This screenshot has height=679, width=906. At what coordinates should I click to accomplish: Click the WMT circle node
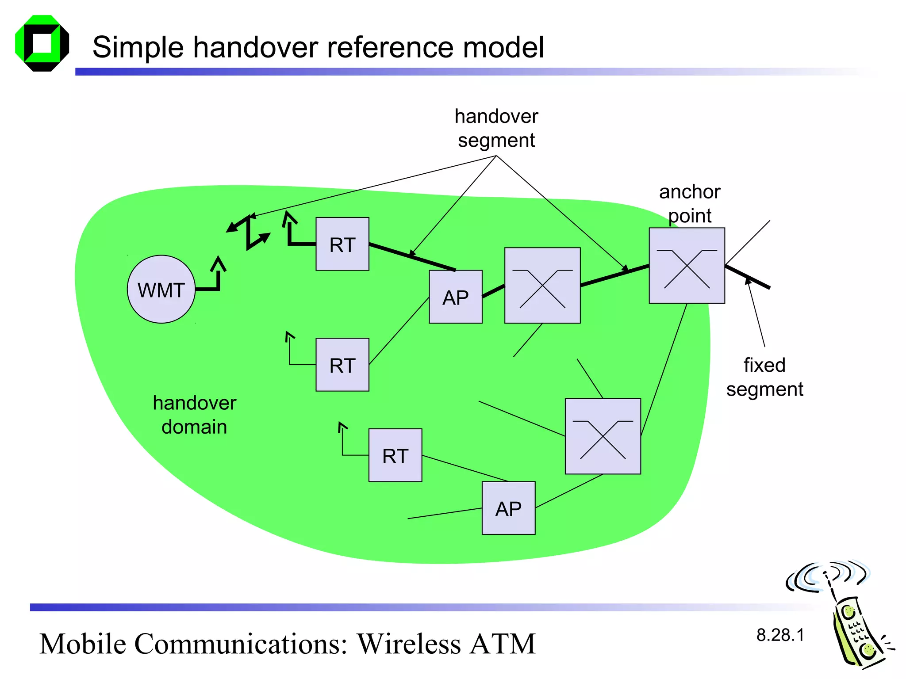pyautogui.click(x=161, y=290)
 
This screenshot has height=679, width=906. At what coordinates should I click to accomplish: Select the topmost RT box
pyautogui.click(x=342, y=244)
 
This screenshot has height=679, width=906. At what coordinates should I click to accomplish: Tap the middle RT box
pyautogui.click(x=342, y=365)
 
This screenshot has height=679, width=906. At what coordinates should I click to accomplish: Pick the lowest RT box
pyautogui.click(x=395, y=455)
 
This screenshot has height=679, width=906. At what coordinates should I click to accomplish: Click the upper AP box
pyautogui.click(x=455, y=297)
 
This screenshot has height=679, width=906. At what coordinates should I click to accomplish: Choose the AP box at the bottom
pyautogui.click(x=508, y=508)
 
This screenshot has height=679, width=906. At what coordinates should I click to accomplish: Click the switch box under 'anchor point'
pyautogui.click(x=687, y=265)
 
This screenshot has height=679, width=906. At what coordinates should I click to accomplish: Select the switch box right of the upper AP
pyautogui.click(x=542, y=285)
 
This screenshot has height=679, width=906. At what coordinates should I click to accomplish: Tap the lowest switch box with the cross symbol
pyautogui.click(x=603, y=436)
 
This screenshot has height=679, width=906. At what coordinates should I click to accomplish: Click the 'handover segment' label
pyautogui.click(x=496, y=128)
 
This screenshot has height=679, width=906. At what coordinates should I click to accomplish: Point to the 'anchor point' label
pyautogui.click(x=690, y=203)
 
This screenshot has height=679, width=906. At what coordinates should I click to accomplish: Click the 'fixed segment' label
pyautogui.click(x=764, y=377)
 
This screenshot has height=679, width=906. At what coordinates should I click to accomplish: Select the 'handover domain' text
pyautogui.click(x=194, y=415)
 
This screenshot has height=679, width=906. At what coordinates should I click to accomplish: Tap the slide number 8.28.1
pyautogui.click(x=780, y=635)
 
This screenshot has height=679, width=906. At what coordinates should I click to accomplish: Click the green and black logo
pyautogui.click(x=42, y=43)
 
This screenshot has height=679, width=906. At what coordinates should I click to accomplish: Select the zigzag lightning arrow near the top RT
pyautogui.click(x=249, y=232)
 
